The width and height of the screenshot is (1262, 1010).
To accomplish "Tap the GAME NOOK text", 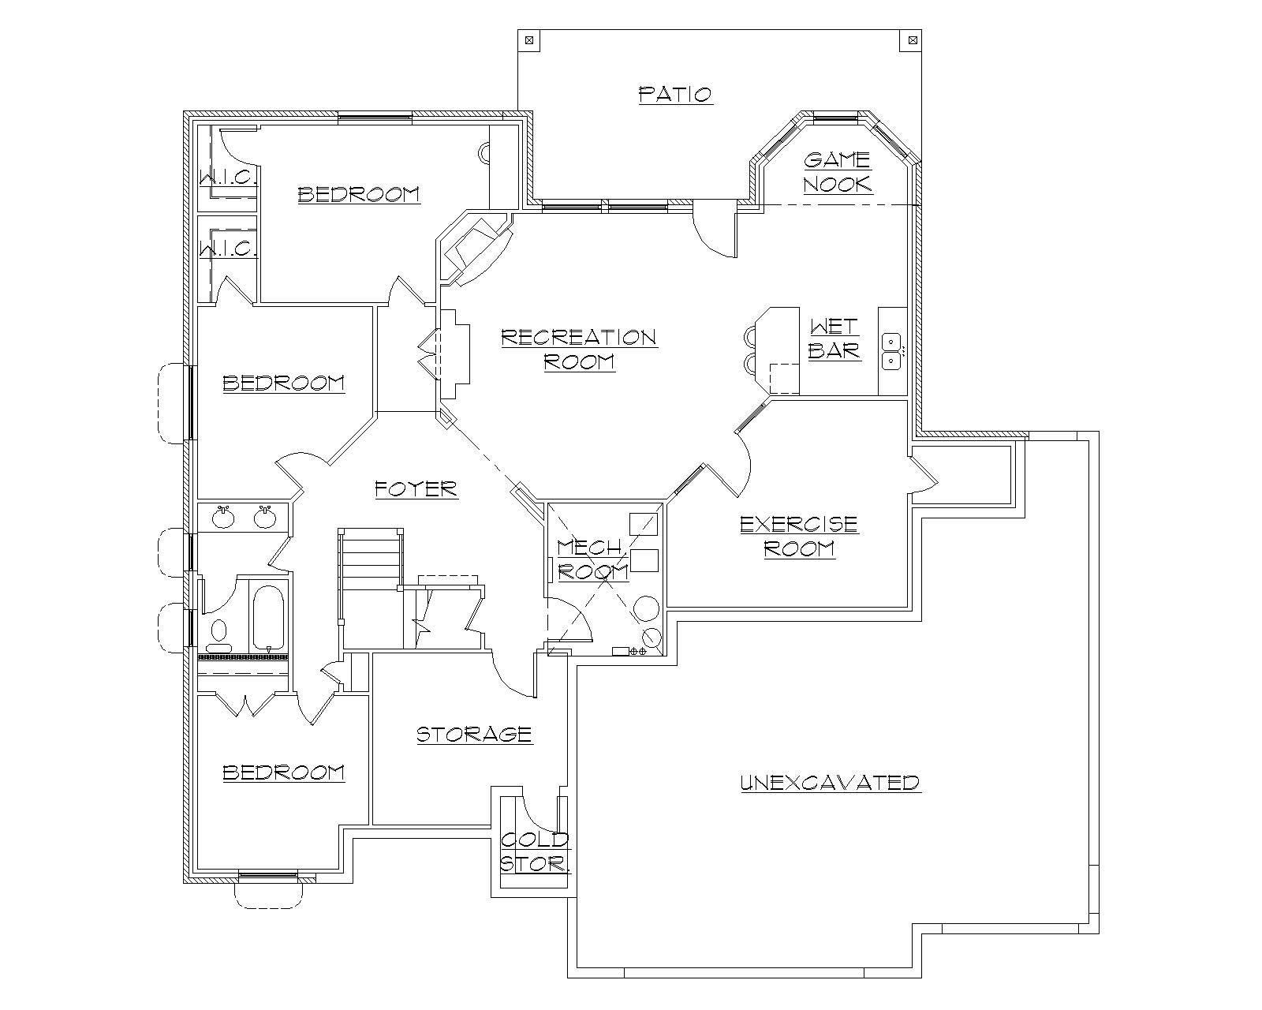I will (838, 172).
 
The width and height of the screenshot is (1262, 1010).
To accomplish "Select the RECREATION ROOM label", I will (579, 349).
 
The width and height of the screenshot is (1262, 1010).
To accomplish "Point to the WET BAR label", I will (834, 339).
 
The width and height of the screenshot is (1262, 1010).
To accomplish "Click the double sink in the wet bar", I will (891, 351).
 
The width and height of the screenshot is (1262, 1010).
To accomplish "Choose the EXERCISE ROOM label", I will (799, 536).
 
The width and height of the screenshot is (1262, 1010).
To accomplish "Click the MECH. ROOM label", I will (593, 559).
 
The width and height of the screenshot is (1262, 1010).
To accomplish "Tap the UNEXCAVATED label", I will (831, 783).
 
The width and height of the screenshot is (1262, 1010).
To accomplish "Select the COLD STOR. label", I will (535, 851).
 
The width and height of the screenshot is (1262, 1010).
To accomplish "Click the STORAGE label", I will (474, 735).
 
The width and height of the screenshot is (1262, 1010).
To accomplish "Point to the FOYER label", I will (416, 489).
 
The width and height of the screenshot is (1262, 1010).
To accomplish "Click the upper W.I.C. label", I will (229, 178).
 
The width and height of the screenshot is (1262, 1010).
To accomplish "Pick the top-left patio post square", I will (528, 39).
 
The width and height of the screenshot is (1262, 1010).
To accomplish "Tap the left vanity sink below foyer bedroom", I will (224, 518).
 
